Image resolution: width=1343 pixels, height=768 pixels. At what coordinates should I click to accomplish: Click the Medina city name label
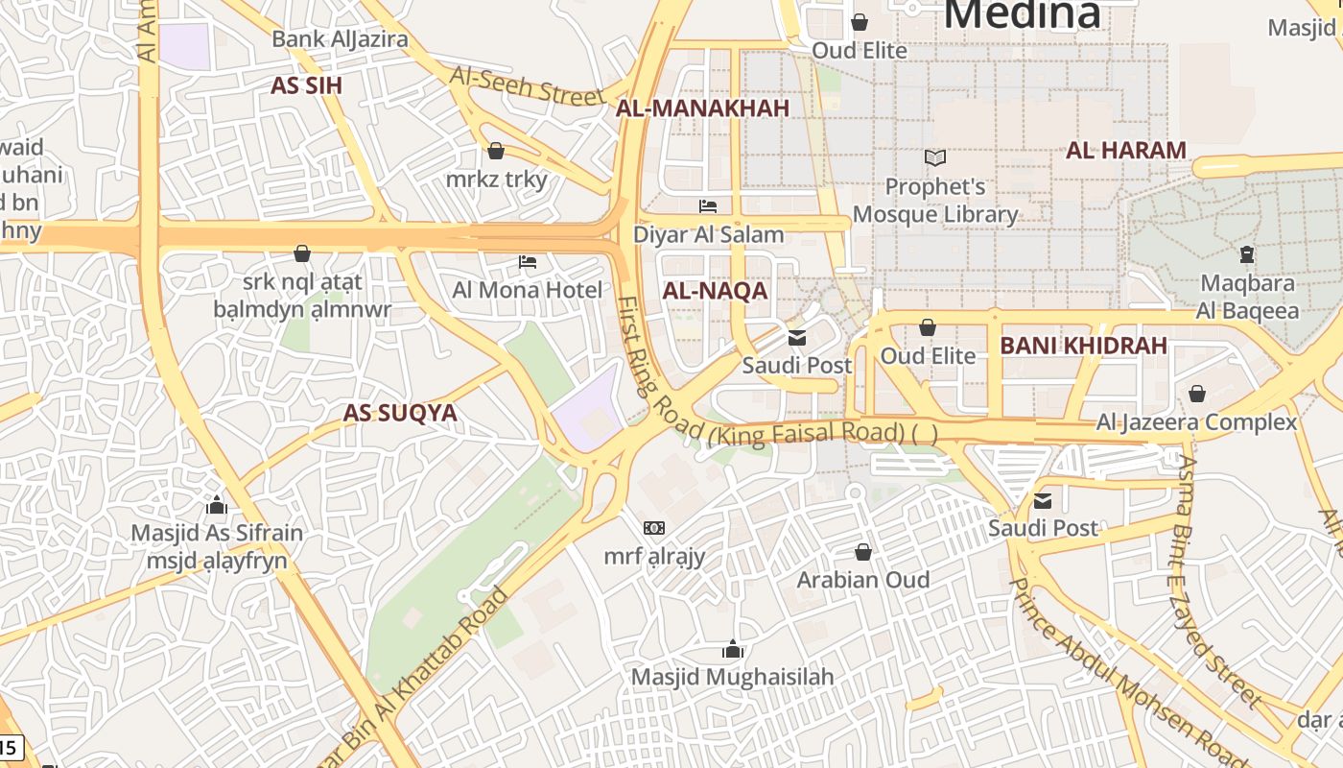pyautogui.click(x=1022, y=13)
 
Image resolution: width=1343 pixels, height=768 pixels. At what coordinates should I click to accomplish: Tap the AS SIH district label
pyautogui.click(x=306, y=85)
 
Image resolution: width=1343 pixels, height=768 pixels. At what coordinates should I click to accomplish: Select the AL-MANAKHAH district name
pyautogui.click(x=702, y=108)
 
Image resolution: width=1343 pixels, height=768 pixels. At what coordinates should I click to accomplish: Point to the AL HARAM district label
pyautogui.click(x=1126, y=150)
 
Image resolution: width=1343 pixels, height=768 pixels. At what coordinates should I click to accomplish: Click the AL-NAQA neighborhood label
pyautogui.click(x=715, y=291)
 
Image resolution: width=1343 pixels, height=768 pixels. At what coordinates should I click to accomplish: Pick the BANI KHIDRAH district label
pyautogui.click(x=1083, y=346)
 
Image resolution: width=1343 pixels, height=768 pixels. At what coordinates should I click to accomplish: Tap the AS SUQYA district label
pyautogui.click(x=400, y=413)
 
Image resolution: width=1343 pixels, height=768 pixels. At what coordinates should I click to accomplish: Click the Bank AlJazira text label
pyautogui.click(x=340, y=39)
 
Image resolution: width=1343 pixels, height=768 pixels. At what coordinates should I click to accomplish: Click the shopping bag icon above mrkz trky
pyautogui.click(x=496, y=151)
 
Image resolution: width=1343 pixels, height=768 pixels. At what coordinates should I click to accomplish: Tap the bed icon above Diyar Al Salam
pyautogui.click(x=708, y=206)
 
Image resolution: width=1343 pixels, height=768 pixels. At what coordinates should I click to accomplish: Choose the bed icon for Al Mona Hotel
pyautogui.click(x=528, y=262)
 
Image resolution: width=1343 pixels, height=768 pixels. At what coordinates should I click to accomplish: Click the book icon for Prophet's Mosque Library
pyautogui.click(x=934, y=157)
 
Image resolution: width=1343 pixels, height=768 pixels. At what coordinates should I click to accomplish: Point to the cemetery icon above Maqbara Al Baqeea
pyautogui.click(x=1246, y=254)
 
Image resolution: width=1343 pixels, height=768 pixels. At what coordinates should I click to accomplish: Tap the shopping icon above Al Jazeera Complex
pyautogui.click(x=1196, y=394)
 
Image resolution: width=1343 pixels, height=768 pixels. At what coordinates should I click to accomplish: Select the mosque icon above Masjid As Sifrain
pyautogui.click(x=217, y=505)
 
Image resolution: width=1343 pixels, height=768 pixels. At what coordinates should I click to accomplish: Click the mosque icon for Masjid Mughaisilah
pyautogui.click(x=733, y=650)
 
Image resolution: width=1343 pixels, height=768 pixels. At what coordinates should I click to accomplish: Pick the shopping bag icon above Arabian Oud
pyautogui.click(x=863, y=552)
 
